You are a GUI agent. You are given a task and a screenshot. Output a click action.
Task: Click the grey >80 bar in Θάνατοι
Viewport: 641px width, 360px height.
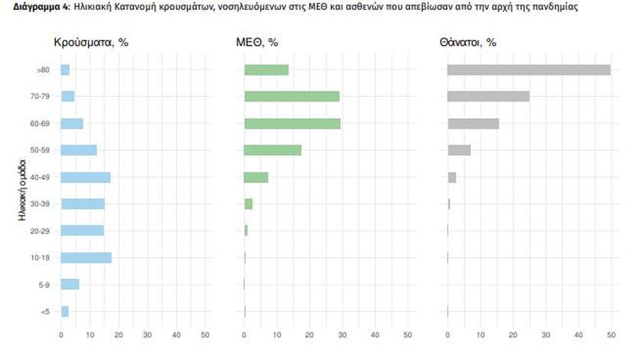(528, 70)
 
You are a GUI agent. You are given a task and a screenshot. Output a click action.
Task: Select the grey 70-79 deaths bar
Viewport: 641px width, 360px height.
(488, 97)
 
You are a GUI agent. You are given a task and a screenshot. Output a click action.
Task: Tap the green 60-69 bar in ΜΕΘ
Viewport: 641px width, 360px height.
(292, 124)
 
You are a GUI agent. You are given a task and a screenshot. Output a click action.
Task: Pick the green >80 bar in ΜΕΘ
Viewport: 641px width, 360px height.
(266, 70)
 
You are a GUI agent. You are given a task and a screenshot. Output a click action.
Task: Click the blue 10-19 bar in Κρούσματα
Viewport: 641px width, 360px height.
(86, 258)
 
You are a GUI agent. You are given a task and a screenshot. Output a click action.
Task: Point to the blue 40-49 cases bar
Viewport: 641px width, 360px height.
(85, 178)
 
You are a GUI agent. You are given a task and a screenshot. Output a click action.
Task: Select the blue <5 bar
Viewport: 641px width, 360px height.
(65, 311)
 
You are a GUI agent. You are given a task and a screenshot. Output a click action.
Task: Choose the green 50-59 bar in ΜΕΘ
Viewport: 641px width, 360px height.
(272, 150)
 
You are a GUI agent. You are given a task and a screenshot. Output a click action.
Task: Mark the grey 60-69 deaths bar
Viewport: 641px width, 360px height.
(473, 124)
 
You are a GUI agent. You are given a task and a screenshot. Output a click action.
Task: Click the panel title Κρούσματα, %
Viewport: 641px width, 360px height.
(91, 43)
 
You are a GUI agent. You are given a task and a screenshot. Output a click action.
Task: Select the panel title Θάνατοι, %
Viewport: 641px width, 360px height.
(468, 43)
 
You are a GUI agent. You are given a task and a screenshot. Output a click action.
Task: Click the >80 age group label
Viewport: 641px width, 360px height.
(43, 70)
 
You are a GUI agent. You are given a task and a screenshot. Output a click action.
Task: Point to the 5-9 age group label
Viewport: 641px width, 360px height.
(44, 284)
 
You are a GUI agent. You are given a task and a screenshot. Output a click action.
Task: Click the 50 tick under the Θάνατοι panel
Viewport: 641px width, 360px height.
(610, 334)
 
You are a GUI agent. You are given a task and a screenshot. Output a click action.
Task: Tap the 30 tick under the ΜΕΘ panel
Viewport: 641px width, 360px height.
(342, 334)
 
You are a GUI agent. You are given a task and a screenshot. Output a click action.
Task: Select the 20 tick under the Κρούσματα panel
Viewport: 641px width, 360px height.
(119, 334)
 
